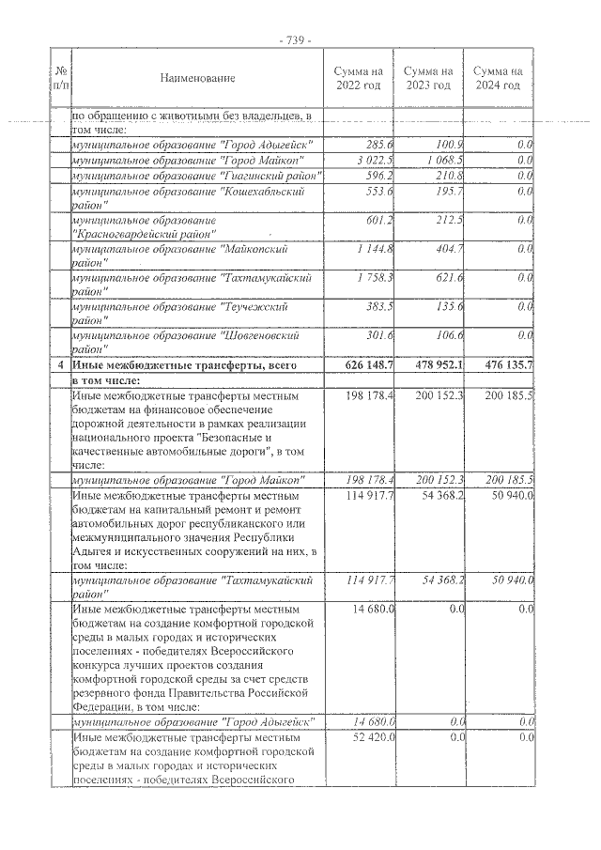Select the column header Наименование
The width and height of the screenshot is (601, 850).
(x=197, y=78)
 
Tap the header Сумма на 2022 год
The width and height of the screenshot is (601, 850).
(x=359, y=78)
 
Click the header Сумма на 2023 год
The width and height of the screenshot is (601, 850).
(x=428, y=78)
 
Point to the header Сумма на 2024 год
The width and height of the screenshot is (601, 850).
(x=498, y=78)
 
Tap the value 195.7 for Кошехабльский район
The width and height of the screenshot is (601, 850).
(x=450, y=192)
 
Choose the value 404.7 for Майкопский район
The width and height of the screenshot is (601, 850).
(x=450, y=249)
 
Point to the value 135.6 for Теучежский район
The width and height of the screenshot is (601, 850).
(x=450, y=307)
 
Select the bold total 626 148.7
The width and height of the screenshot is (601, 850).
(x=368, y=365)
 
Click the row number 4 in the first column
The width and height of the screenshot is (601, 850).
(x=61, y=365)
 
